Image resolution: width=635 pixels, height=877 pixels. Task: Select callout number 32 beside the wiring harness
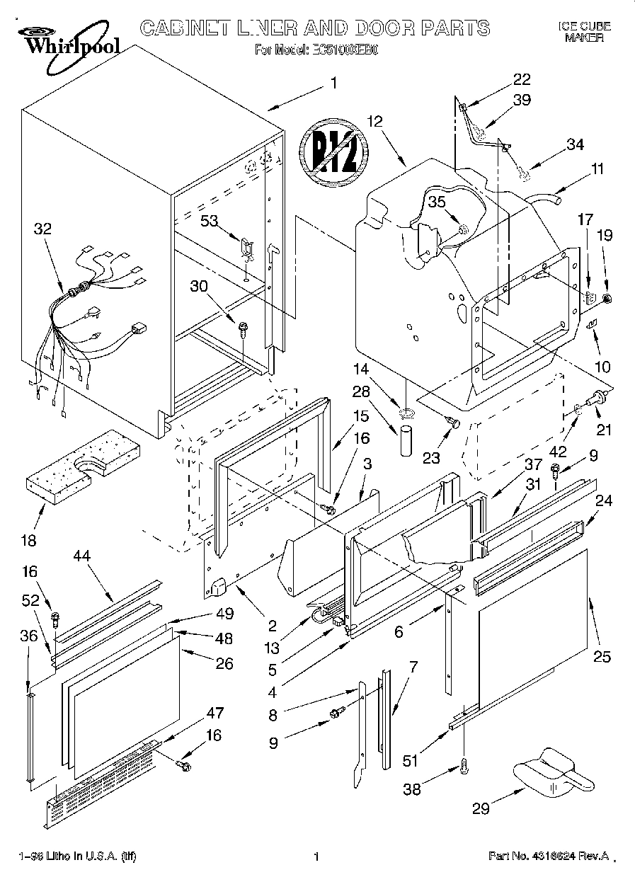click(x=42, y=229)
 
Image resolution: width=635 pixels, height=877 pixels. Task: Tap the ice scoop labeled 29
click(x=552, y=772)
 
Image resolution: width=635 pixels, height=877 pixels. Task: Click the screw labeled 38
click(x=464, y=764)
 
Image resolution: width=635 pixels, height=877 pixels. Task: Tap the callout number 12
click(x=374, y=121)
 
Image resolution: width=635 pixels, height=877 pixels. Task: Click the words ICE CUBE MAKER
click(x=584, y=32)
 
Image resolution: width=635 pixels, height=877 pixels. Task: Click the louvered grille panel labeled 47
click(x=99, y=782)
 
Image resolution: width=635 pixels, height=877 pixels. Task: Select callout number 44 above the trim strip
click(x=82, y=558)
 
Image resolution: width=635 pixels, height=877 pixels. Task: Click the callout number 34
click(x=575, y=144)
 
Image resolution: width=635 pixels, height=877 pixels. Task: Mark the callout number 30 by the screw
click(x=200, y=286)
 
